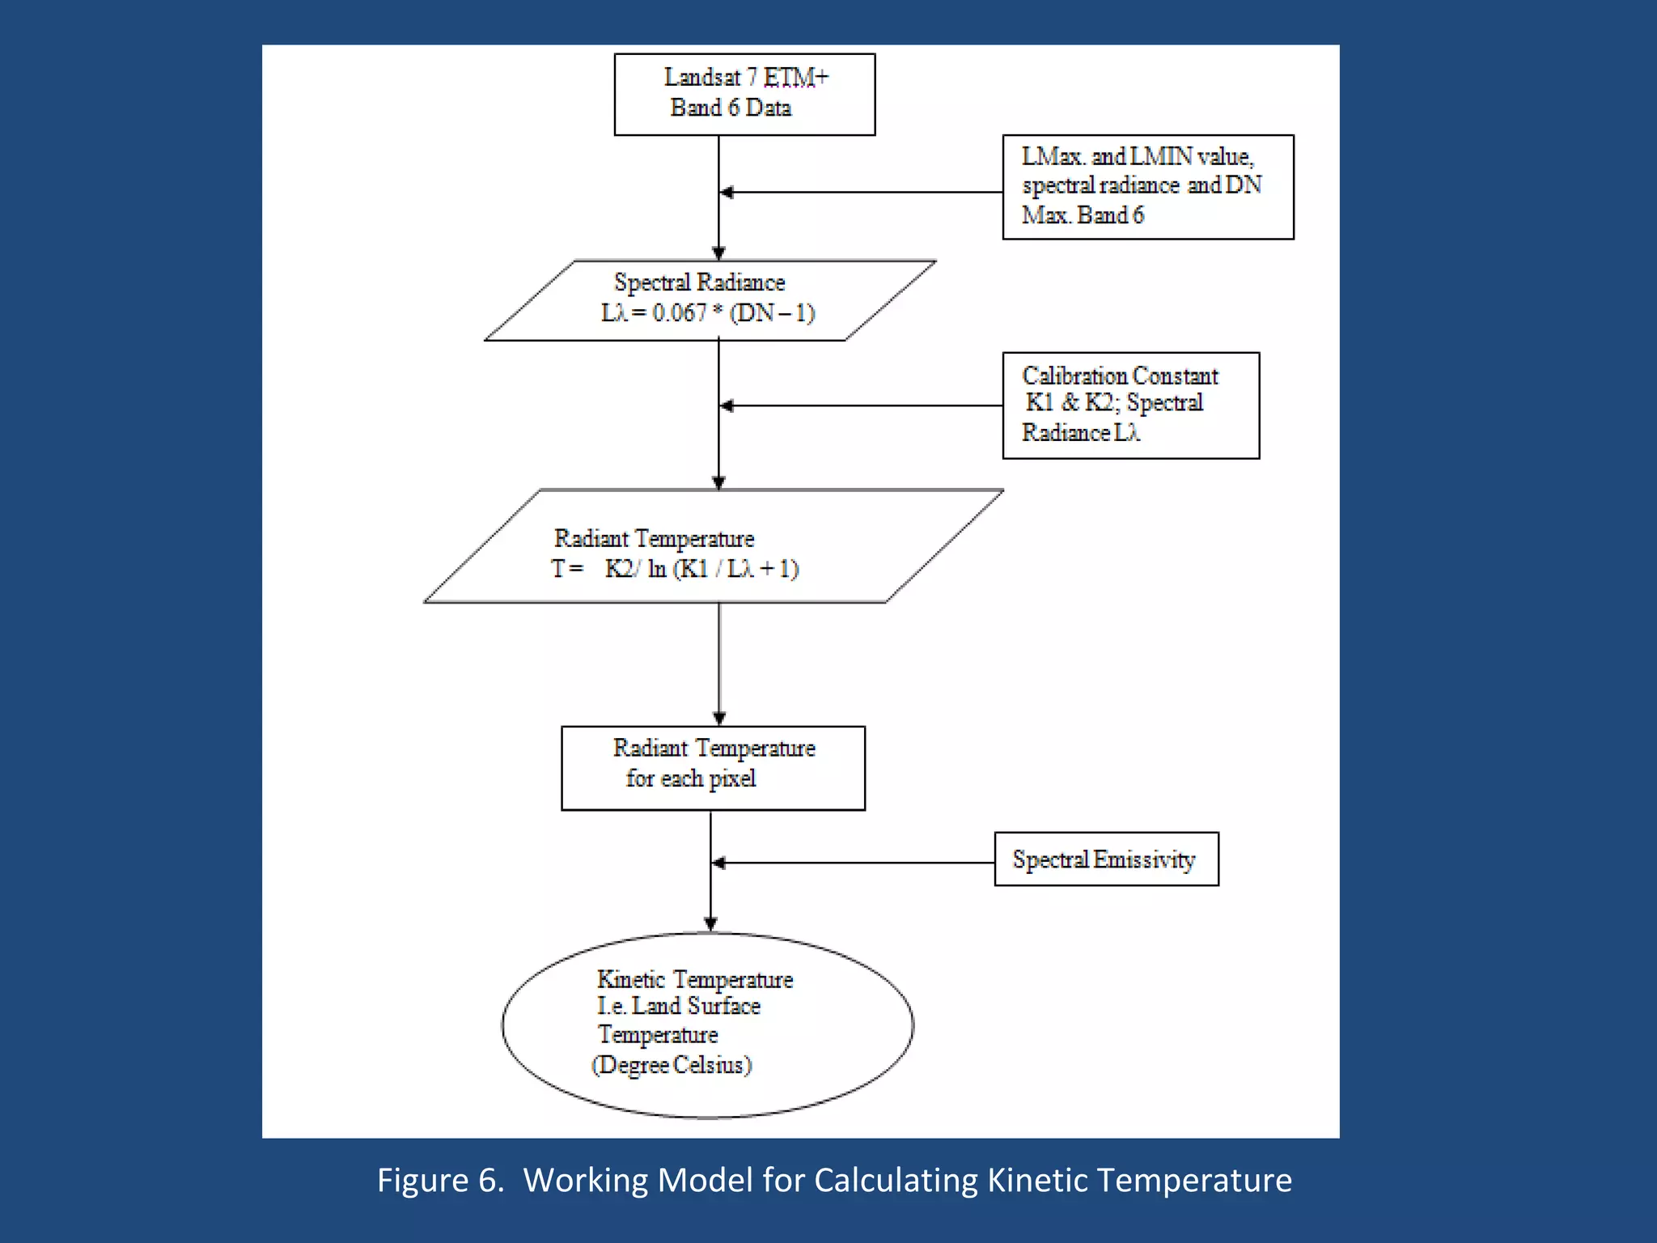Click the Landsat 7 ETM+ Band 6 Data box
[744, 94]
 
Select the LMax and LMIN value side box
[1147, 187]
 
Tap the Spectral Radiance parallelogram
[710, 300]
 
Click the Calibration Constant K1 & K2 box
[1130, 405]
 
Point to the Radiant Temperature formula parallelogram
[712, 546]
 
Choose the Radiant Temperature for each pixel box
[713, 768]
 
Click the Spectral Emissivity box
[1106, 859]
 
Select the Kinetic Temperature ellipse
[707, 1025]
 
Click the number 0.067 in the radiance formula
[680, 313]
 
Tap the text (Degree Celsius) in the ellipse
[672, 1065]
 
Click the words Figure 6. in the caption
[440, 1181]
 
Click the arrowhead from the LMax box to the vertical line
[727, 193]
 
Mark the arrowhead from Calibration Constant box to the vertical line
[727, 405]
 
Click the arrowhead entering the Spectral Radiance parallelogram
[718, 252]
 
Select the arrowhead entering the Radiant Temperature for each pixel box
[719, 718]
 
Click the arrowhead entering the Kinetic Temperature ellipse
[710, 924]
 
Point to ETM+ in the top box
[796, 78]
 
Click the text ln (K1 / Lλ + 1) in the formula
[723, 569]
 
